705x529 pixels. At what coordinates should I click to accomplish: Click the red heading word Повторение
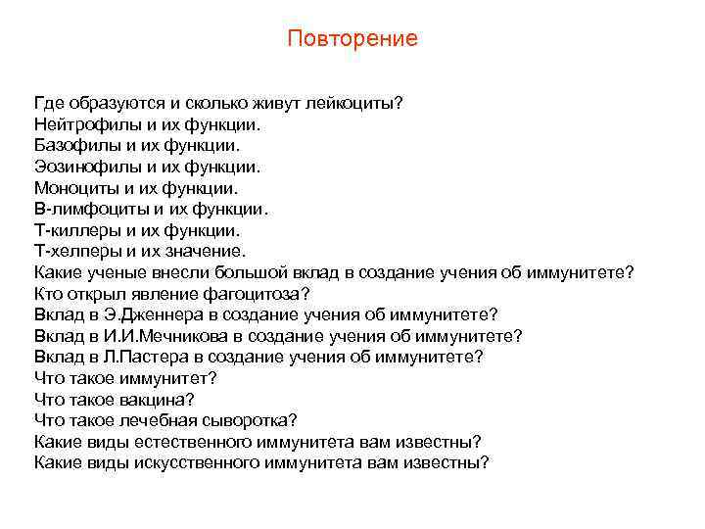pos(352,38)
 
